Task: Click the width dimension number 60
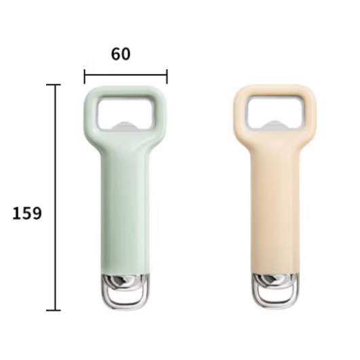click(x=121, y=54)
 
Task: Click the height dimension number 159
click(x=27, y=214)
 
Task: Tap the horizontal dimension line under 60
click(x=126, y=75)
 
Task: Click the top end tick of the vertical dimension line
click(x=54, y=85)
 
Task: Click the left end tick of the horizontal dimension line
click(x=85, y=77)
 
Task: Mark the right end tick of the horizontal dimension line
click(x=167, y=77)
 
